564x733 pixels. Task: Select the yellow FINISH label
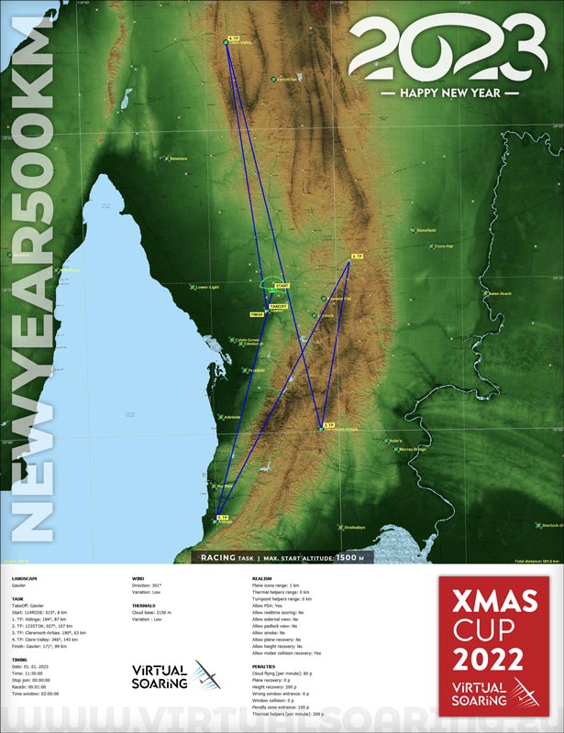point(257,314)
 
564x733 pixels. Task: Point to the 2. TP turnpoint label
point(357,256)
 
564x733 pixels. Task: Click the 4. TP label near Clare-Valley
point(233,39)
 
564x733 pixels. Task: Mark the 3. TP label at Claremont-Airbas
point(327,425)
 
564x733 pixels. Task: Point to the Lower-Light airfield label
point(206,288)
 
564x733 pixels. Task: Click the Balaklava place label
point(178,159)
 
